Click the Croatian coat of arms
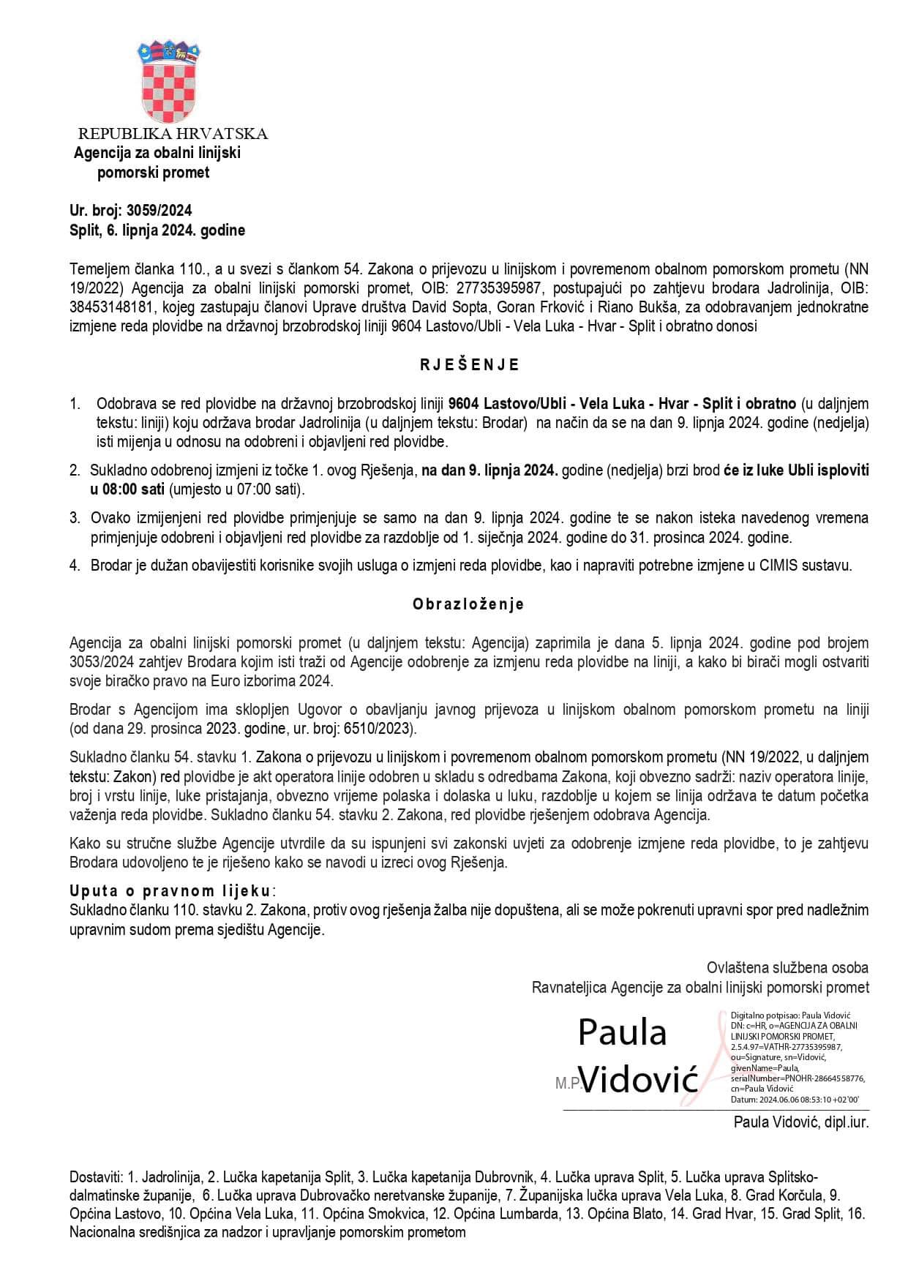click(169, 81)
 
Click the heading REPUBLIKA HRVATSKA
click(173, 134)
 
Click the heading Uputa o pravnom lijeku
click(170, 891)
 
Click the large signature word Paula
click(623, 1032)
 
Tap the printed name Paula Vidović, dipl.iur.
click(800, 1122)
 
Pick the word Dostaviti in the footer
click(95, 1177)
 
